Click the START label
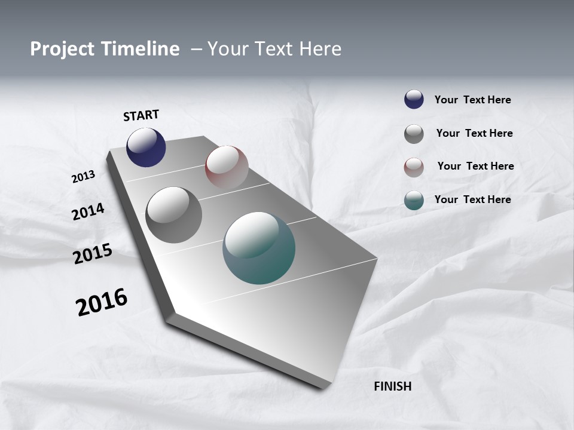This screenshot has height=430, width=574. click(x=141, y=115)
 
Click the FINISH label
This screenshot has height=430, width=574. click(x=393, y=386)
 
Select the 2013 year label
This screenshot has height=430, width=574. click(x=83, y=177)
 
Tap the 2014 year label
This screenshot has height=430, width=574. click(x=88, y=211)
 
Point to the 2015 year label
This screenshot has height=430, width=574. click(x=93, y=254)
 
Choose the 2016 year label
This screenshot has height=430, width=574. click(x=102, y=302)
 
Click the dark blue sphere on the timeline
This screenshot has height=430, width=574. click(x=146, y=148)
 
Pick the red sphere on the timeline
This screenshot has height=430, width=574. click(x=227, y=167)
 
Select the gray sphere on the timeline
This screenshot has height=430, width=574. click(x=174, y=215)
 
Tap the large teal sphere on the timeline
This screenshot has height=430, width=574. click(x=259, y=248)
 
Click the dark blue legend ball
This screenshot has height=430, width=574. click(x=414, y=99)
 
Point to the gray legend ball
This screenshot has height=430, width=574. click(x=414, y=134)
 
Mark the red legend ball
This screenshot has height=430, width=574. click(x=414, y=167)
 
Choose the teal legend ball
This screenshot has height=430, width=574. click(x=414, y=200)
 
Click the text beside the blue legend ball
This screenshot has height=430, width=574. click(x=472, y=100)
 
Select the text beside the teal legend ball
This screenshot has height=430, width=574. click(x=472, y=199)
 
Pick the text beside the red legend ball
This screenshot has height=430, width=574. click(x=475, y=166)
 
